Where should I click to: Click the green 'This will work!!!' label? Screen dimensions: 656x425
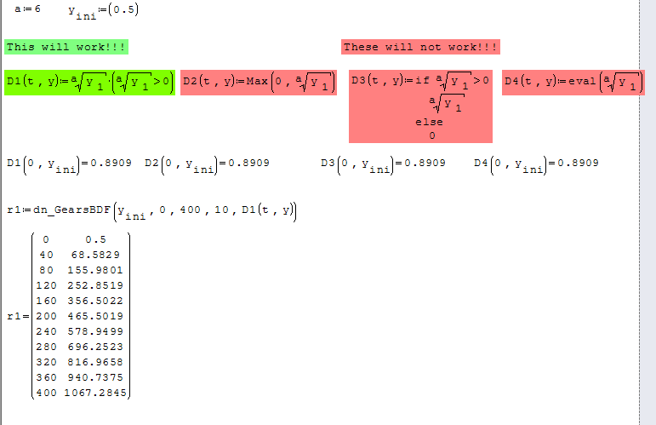pos(66,47)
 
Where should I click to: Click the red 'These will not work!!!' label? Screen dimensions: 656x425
pos(420,47)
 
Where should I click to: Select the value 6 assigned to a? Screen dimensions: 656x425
pos(37,9)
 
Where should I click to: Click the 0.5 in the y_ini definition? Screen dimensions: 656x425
pos(123,9)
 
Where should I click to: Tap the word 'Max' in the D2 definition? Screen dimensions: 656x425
pos(257,81)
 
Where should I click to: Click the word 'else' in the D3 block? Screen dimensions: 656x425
pos(429,123)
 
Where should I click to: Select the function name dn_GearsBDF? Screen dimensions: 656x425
pos(71,210)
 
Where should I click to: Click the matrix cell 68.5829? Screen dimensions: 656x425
pos(95,255)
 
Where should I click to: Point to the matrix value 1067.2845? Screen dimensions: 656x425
pos(95,393)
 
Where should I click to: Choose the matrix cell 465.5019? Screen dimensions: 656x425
pos(95,316)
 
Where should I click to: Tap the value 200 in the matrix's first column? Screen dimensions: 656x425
pos(46,316)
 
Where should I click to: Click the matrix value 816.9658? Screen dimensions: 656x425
pos(95,362)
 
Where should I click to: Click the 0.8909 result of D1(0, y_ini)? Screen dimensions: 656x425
pos(111,163)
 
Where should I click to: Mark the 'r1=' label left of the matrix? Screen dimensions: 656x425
pos(18,316)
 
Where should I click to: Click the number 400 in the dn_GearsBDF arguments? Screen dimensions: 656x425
pos(190,210)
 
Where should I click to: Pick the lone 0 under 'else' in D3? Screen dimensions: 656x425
pos(432,135)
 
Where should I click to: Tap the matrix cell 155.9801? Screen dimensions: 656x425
pos(95,270)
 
